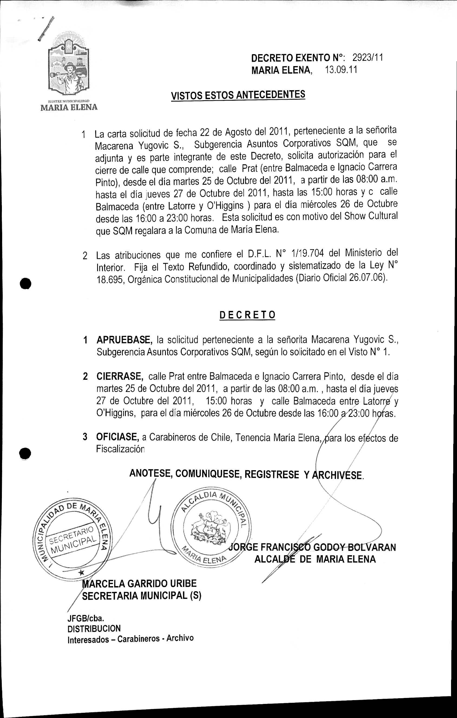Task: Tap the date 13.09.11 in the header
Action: (x=341, y=70)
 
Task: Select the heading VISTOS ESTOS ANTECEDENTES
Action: (x=238, y=96)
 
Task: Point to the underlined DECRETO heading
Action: (x=247, y=315)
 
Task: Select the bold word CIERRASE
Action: (x=120, y=376)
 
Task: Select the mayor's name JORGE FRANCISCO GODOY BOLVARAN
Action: (x=313, y=547)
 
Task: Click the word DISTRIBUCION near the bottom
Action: (x=94, y=629)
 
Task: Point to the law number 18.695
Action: (x=110, y=280)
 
